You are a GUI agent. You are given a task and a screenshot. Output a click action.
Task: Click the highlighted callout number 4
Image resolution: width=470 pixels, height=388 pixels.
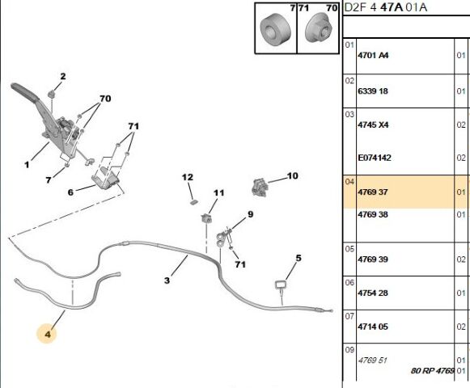(48, 334)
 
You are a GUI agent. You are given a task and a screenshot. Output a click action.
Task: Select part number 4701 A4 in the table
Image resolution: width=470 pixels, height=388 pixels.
(373, 56)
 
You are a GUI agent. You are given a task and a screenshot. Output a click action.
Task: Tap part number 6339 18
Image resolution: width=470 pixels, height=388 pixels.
(373, 91)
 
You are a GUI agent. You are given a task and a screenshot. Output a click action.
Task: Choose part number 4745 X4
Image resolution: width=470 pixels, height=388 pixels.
(373, 124)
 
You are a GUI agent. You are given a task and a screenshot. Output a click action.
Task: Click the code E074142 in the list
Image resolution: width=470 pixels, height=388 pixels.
(375, 158)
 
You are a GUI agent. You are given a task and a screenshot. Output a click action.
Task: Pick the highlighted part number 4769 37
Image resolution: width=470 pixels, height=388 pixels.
(373, 192)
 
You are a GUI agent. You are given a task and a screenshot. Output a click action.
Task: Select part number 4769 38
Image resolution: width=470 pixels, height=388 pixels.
(373, 214)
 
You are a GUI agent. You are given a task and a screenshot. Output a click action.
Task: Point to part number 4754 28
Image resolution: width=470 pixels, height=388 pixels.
(373, 293)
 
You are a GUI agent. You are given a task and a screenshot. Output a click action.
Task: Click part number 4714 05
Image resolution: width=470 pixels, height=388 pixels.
(373, 327)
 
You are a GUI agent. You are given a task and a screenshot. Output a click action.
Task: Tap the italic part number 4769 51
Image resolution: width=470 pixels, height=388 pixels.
(372, 360)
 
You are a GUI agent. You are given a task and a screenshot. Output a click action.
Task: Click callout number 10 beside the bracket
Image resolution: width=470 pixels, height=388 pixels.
(293, 175)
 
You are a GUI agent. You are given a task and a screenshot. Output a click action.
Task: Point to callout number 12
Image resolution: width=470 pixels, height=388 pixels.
(188, 177)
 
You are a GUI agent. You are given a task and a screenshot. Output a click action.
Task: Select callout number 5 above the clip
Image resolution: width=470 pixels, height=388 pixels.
(299, 258)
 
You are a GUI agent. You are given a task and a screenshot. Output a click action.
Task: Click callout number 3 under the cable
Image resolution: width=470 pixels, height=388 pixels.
(167, 280)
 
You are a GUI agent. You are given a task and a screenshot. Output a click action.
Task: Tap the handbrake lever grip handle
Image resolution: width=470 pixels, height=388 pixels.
(24, 91)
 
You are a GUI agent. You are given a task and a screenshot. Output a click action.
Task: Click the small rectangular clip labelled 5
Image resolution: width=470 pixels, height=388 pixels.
(281, 285)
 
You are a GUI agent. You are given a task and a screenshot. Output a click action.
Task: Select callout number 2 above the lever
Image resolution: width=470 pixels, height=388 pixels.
(62, 76)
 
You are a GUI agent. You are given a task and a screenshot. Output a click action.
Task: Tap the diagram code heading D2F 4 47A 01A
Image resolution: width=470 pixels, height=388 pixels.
(385, 7)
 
